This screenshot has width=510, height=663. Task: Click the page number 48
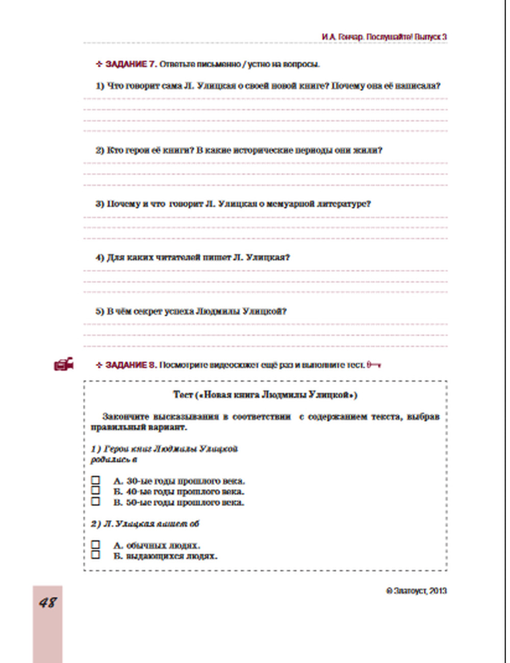pos(47,602)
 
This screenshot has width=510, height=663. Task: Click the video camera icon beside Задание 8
pos(64,364)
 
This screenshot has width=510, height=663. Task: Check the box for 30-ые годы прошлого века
pos(95,480)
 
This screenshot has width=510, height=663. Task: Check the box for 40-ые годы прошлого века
pos(95,491)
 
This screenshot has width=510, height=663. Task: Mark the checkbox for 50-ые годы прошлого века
pos(95,501)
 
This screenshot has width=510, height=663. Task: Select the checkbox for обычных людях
pos(95,545)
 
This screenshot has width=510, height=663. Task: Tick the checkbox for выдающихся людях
pos(95,555)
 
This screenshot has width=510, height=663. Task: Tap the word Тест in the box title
pos(183,395)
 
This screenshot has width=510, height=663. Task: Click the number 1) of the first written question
pos(100,86)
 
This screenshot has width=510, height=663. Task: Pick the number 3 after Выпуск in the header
pos(444,37)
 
